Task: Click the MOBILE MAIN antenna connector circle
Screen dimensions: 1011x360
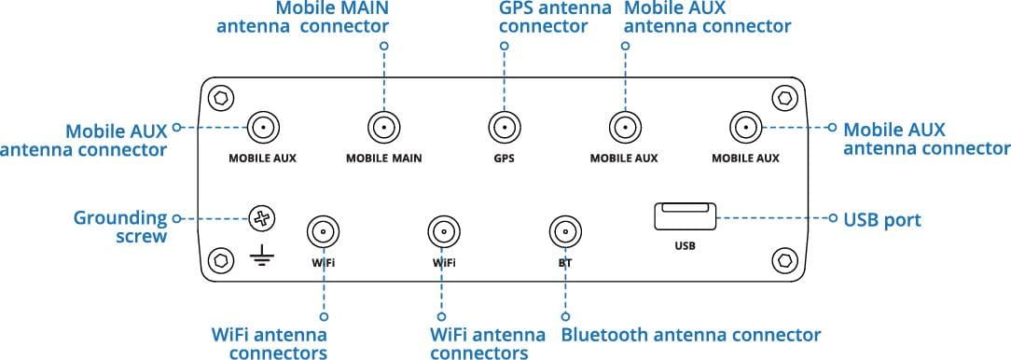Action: click(x=383, y=128)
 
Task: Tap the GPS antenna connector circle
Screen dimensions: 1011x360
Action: click(x=505, y=128)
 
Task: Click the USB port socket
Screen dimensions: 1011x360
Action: click(x=685, y=216)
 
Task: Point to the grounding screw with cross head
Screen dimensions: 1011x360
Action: click(x=262, y=219)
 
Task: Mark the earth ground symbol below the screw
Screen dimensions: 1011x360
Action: click(x=262, y=258)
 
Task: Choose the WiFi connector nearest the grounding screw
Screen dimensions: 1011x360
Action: click(x=323, y=231)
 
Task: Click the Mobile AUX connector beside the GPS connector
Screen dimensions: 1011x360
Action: click(x=625, y=128)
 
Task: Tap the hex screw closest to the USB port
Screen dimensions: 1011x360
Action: click(x=784, y=260)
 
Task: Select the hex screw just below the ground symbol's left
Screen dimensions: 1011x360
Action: click(x=220, y=260)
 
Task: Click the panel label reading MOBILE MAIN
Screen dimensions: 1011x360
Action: click(x=383, y=158)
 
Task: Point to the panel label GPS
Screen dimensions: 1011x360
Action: click(x=505, y=158)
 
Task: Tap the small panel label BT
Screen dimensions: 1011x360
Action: click(x=565, y=263)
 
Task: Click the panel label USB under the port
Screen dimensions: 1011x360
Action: click(x=685, y=246)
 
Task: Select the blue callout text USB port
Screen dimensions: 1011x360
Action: click(x=882, y=220)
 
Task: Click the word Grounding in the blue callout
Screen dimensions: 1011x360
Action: click(x=120, y=218)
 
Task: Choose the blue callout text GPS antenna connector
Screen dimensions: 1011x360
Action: click(x=555, y=18)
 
